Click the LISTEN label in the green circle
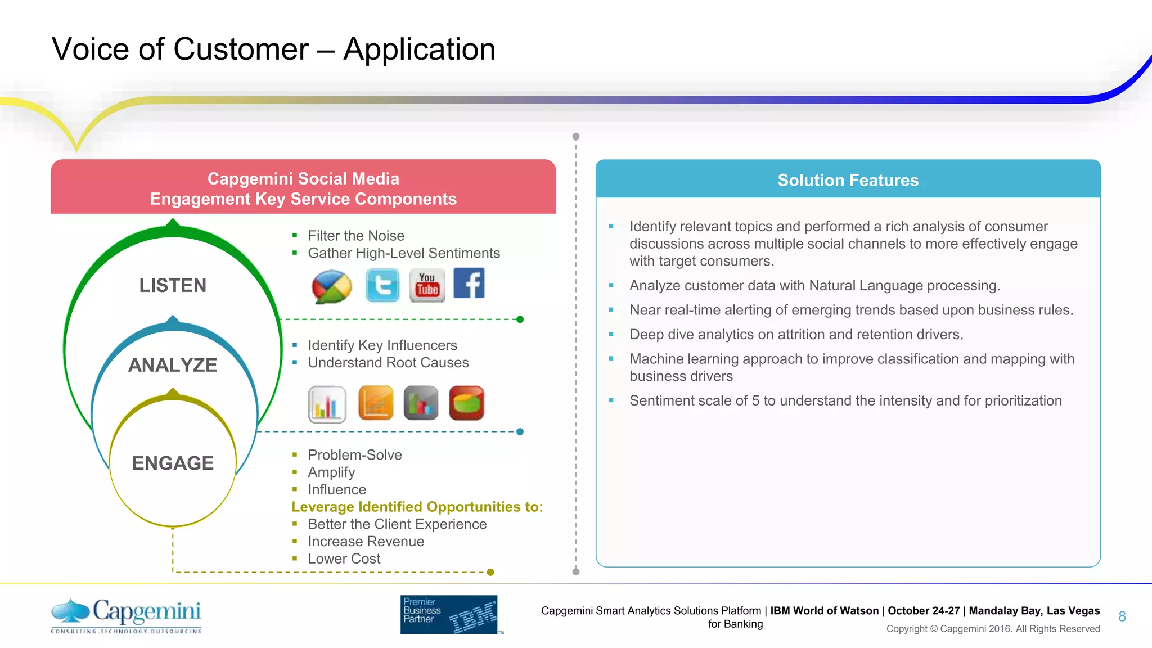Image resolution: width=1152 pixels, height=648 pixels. point(173,285)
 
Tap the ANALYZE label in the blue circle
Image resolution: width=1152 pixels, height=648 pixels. point(173,365)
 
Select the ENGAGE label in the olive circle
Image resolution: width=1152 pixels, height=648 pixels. point(173,463)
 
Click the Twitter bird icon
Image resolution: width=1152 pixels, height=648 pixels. point(382,285)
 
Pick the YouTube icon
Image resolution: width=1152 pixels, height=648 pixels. point(427,285)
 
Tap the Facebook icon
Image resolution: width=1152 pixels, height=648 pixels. point(469,283)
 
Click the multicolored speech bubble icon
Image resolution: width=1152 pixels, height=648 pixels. point(332,286)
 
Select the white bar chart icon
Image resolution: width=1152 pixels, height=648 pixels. point(327,404)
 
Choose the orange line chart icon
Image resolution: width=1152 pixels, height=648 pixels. point(376,403)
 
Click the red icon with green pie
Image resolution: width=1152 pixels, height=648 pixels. point(467,403)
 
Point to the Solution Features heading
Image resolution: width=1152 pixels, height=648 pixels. point(848,180)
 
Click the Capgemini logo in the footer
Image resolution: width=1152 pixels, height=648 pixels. point(127,615)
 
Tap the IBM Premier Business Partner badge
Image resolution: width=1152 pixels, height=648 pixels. point(449,614)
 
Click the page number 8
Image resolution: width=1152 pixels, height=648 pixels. point(1122,616)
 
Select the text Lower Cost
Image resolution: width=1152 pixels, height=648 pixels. point(344,559)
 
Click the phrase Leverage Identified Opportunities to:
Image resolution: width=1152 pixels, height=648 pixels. point(417,507)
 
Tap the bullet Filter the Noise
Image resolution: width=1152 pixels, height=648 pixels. point(355,236)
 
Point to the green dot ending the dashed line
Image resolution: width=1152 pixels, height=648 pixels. point(520,319)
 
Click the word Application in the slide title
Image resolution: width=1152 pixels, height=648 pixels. point(419,49)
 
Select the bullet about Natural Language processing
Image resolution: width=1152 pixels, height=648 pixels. point(814,286)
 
